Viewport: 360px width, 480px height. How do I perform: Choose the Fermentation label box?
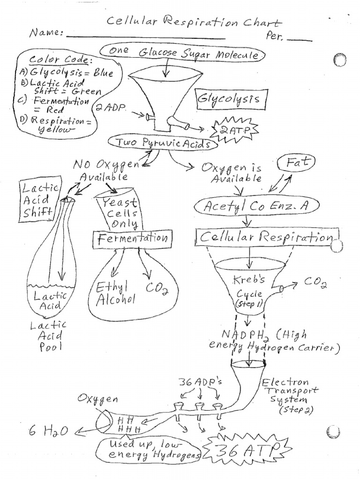click(x=133, y=238)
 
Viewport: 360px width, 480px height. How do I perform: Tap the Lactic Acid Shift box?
click(x=39, y=201)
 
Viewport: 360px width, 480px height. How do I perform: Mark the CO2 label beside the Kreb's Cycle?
click(x=316, y=282)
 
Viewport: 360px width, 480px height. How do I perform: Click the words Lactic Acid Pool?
click(x=49, y=336)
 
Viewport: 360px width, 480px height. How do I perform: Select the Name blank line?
click(x=145, y=37)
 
